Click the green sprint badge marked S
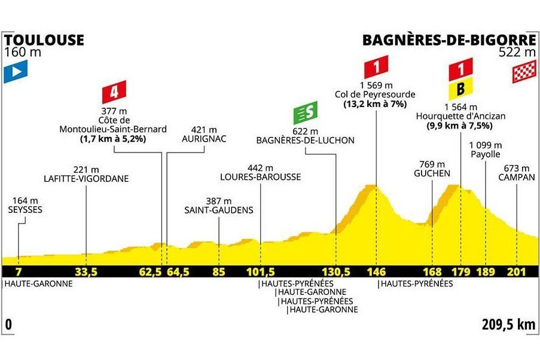coord(306,111)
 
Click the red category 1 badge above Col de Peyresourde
coord(377,63)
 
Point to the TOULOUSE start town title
coord(44,40)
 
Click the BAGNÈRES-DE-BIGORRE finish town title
coord(449,40)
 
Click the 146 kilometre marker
coord(376,271)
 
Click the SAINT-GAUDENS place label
coord(219,210)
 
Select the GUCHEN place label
coord(431,173)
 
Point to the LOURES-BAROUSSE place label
coord(261,177)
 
